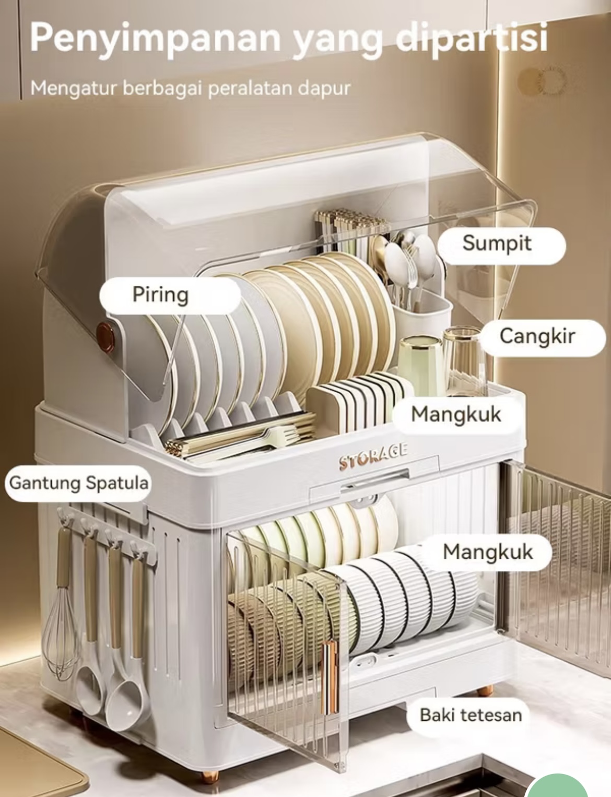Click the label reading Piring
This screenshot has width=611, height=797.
pyautogui.click(x=160, y=295)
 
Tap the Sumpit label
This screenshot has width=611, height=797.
pyautogui.click(x=497, y=243)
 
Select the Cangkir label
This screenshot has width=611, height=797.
pyautogui.click(x=537, y=336)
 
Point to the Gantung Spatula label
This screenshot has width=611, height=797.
pyautogui.click(x=79, y=483)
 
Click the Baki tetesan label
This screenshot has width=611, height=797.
pyautogui.click(x=471, y=714)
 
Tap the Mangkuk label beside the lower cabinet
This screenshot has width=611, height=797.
pyautogui.click(x=488, y=552)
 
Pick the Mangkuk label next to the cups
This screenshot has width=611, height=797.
pyautogui.click(x=456, y=415)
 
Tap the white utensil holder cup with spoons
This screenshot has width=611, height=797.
pyautogui.click(x=421, y=313)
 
